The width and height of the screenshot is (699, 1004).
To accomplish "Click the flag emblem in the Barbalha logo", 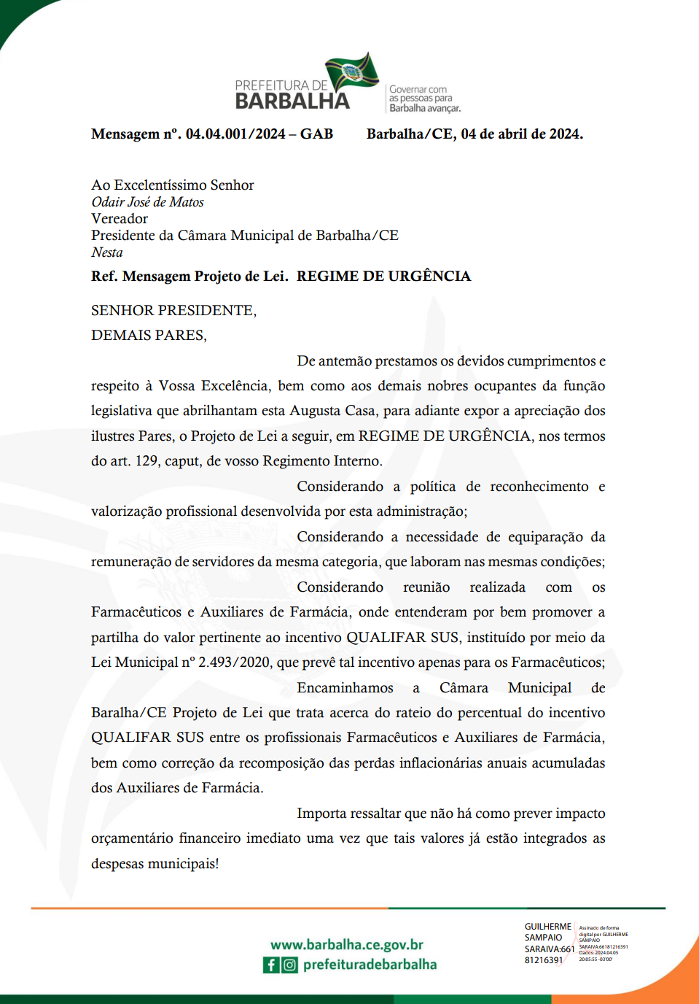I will pyautogui.click(x=352, y=72).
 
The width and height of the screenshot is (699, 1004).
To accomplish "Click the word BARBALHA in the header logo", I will pyautogui.click(x=292, y=101).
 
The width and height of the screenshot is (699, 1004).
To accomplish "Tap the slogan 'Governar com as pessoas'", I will pyautogui.click(x=424, y=99).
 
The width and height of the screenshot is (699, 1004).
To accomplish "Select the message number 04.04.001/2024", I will pyautogui.click(x=235, y=134).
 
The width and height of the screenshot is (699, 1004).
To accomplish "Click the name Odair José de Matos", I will pyautogui.click(x=147, y=202).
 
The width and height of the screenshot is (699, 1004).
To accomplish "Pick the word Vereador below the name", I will pyautogui.click(x=120, y=219).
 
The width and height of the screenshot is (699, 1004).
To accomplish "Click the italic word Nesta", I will pyautogui.click(x=107, y=252).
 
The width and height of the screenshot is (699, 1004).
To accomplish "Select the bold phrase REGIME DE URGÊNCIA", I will pyautogui.click(x=383, y=277).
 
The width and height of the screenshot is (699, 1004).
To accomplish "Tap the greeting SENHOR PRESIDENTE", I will pyautogui.click(x=173, y=311).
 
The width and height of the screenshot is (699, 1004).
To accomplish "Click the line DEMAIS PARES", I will pyautogui.click(x=149, y=336).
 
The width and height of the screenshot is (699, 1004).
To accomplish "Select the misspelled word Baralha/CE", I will pyautogui.click(x=128, y=713).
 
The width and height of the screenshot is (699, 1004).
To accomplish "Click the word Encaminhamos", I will pyautogui.click(x=345, y=688).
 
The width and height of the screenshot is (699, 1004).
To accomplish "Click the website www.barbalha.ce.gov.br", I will pyautogui.click(x=347, y=945).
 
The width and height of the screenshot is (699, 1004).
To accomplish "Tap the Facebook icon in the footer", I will pyautogui.click(x=271, y=965).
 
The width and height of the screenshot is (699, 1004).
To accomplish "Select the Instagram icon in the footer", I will pyautogui.click(x=290, y=965).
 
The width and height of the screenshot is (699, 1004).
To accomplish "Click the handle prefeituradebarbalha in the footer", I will pyautogui.click(x=370, y=965).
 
